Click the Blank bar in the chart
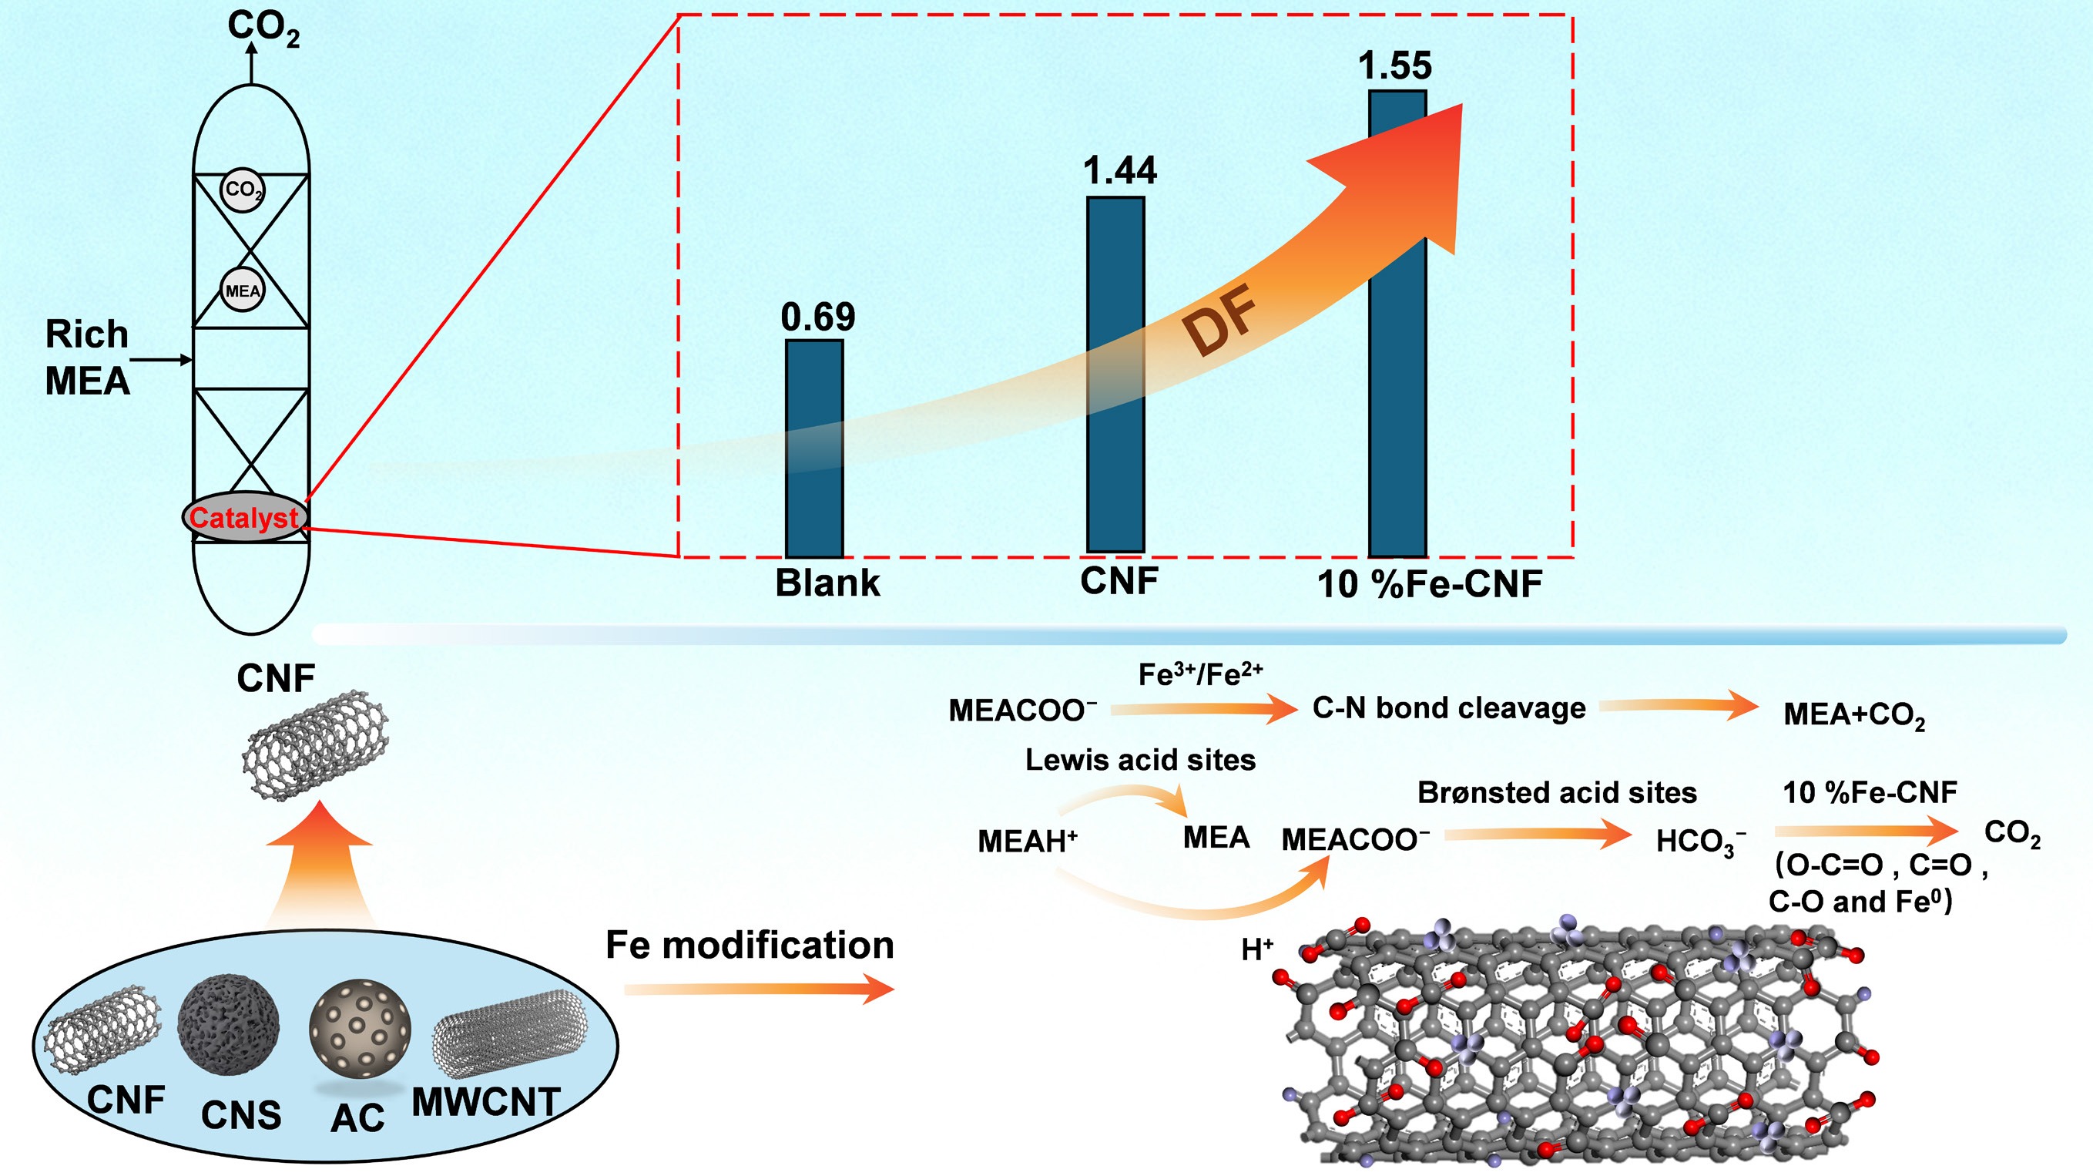click(x=814, y=449)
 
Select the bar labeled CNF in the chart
click(x=1115, y=374)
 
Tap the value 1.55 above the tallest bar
click(x=1395, y=66)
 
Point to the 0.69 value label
click(x=817, y=317)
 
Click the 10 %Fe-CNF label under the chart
click(x=1429, y=584)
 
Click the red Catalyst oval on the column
click(x=243, y=518)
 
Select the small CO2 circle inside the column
click(x=243, y=191)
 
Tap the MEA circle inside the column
click(x=243, y=290)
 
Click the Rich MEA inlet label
click(x=87, y=358)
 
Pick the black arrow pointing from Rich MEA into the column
click(x=161, y=359)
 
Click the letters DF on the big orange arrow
click(x=1219, y=321)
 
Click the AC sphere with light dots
click(x=360, y=1030)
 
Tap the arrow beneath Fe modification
click(x=759, y=989)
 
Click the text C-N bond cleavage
click(x=1449, y=708)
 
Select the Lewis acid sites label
click(x=1140, y=760)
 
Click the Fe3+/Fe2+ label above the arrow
click(x=1200, y=674)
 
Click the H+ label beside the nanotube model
click(x=1257, y=949)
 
